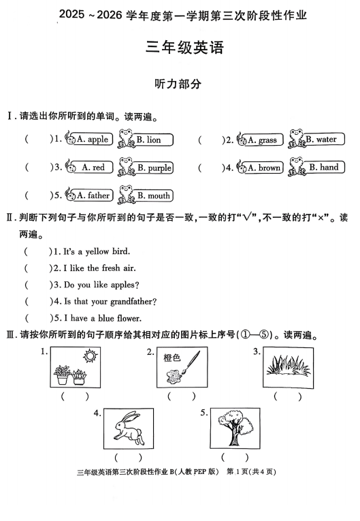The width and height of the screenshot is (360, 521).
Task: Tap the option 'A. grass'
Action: [262, 140]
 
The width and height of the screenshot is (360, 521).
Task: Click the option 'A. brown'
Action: [264, 168]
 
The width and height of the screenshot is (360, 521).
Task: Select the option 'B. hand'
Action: [324, 168]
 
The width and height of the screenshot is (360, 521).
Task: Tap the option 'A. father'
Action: [93, 195]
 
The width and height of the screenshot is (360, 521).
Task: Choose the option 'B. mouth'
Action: [154, 195]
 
